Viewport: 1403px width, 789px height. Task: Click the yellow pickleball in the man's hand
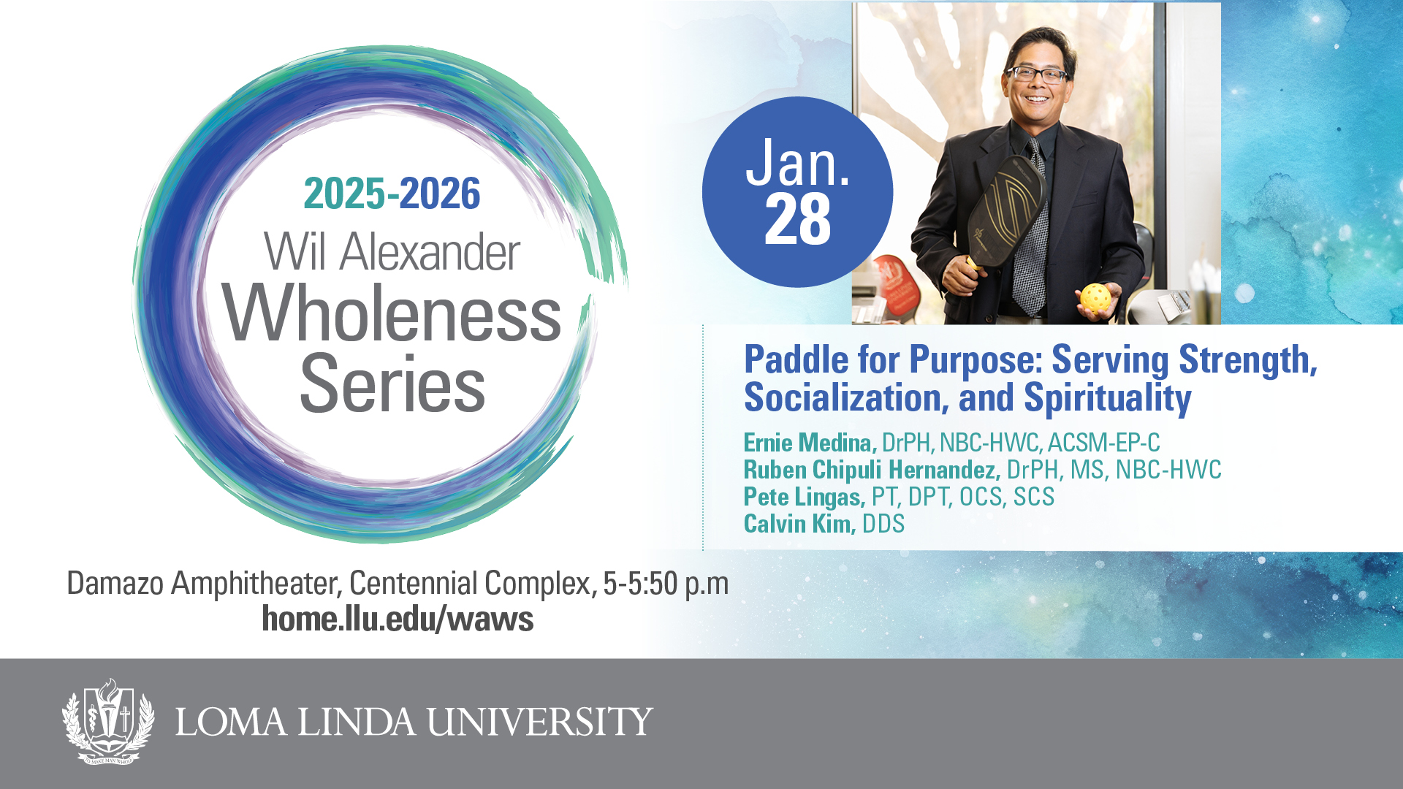pos(1095,298)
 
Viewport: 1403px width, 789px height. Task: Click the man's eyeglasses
pos(1038,74)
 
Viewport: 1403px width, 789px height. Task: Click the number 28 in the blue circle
pos(798,219)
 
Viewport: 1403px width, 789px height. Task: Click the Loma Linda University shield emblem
pos(108,721)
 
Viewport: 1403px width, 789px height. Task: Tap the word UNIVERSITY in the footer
pos(540,722)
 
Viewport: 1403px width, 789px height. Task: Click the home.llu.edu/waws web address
pos(398,619)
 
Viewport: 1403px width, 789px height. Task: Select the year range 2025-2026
pos(392,194)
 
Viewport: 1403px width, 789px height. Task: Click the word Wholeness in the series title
pos(392,313)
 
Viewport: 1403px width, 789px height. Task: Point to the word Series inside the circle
pos(392,384)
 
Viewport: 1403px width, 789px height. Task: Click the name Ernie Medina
pos(810,443)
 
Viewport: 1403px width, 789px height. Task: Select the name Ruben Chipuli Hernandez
pos(872,470)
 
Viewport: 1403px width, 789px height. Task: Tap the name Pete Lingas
pos(805,498)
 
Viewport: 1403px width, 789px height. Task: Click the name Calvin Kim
pos(799,524)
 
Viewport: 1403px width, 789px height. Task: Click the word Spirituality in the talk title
pos(1107,399)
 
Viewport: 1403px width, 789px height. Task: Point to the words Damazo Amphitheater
pos(204,584)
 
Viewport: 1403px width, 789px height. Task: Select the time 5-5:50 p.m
pos(666,584)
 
